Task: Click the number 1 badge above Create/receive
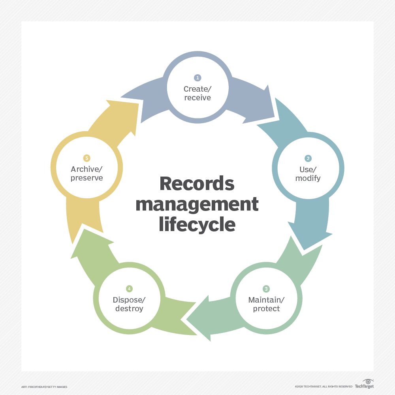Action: pos(197,78)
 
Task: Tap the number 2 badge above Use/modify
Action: pos(308,158)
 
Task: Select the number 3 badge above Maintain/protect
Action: pos(266,289)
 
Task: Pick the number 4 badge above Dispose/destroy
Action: pos(129,289)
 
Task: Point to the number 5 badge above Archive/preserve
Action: pos(87,158)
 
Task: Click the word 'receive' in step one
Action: pos(197,98)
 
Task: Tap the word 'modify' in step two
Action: pos(308,178)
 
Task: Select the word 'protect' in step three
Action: pos(266,308)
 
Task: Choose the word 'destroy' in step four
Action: pos(129,308)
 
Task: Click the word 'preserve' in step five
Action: pos(87,178)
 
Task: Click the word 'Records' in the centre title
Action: pos(197,184)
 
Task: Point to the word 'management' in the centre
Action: pos(197,205)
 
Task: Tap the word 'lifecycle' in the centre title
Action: pos(197,225)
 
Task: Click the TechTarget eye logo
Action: pos(368,382)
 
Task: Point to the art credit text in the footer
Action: pos(44,386)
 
